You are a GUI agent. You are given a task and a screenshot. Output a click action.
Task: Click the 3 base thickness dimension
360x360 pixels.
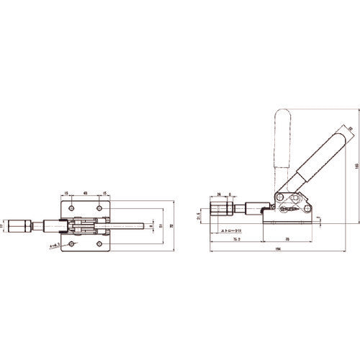pyautogui.click(x=319, y=216)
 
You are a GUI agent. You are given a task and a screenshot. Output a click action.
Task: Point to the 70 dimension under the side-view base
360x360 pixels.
pyautogui.click(x=288, y=238)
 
